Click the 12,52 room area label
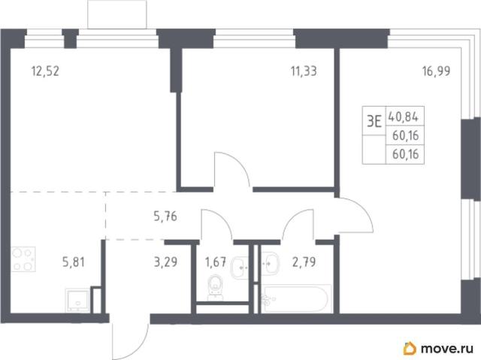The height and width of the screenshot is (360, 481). pyautogui.click(x=45, y=71)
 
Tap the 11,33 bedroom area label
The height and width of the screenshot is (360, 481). pyautogui.click(x=304, y=71)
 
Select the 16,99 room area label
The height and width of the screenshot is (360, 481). pyautogui.click(x=436, y=71)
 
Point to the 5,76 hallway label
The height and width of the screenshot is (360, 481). pyautogui.click(x=165, y=216)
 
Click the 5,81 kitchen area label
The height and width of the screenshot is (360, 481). pyautogui.click(x=74, y=262)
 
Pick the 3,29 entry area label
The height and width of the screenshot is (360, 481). pyautogui.click(x=165, y=262)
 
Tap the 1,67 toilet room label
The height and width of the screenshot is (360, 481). pyautogui.click(x=216, y=262)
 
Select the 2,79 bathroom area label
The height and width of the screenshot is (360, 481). pyautogui.click(x=304, y=262)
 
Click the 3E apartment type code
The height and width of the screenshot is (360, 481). pyautogui.click(x=374, y=122)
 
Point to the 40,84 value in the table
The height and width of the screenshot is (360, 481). pyautogui.click(x=403, y=116)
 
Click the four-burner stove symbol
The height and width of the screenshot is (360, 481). pyautogui.click(x=23, y=259)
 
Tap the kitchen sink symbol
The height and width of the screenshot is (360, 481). pyautogui.click(x=77, y=300)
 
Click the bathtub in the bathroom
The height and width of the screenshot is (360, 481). pyautogui.click(x=296, y=299)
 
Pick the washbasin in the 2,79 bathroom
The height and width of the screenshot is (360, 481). pyautogui.click(x=270, y=263)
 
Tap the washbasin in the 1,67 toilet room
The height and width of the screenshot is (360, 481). pyautogui.click(x=240, y=267)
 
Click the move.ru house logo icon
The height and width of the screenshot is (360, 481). pyautogui.click(x=410, y=348)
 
